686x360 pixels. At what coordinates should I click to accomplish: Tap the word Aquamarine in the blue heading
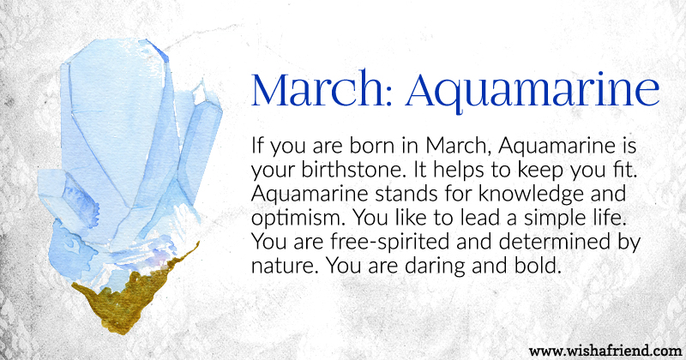533,93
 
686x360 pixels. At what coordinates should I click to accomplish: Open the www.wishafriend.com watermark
605,351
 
